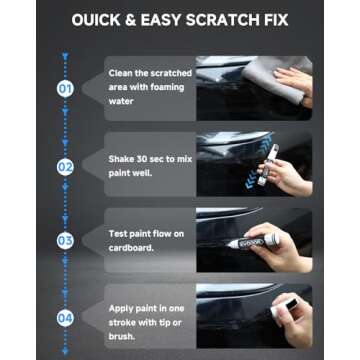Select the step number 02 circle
(x=65, y=165)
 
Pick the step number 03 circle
(x=65, y=240)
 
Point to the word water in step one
(x=120, y=101)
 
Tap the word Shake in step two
(x=121, y=158)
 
